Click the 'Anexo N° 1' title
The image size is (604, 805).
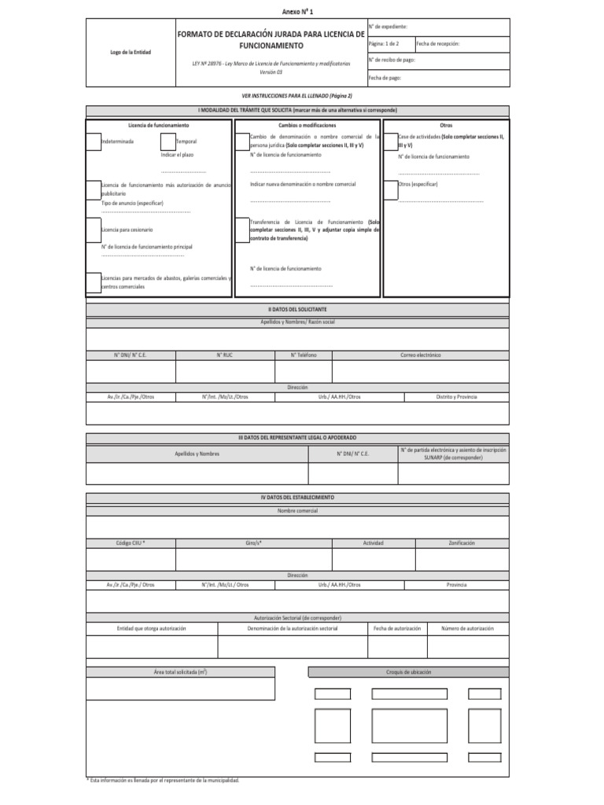point(301,12)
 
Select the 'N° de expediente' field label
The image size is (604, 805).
point(387,27)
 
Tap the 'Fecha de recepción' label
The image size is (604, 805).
point(438,44)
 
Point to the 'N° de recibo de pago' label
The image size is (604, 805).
point(391,61)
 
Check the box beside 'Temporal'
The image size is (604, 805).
point(168,142)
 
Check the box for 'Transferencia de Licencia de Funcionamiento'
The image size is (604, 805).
point(240,229)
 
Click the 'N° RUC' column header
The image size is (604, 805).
point(224,355)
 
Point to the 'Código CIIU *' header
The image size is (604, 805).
point(131,542)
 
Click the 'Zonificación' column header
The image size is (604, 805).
point(462,542)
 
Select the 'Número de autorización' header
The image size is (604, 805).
point(467,628)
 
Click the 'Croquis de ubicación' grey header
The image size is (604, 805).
point(408,672)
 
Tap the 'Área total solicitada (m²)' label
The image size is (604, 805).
point(180,672)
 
